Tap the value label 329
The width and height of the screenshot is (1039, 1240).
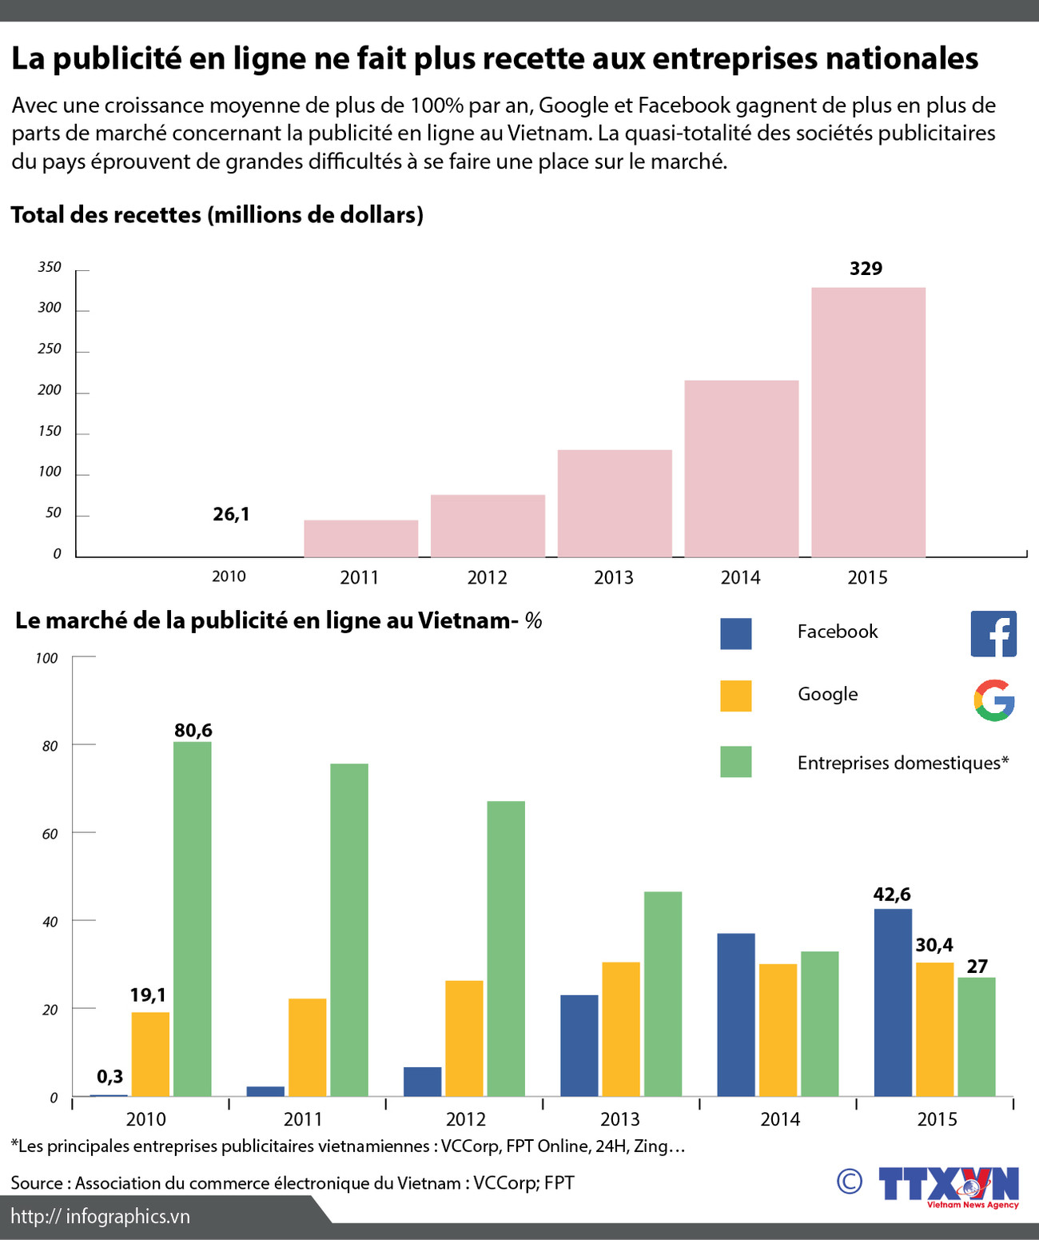point(866,269)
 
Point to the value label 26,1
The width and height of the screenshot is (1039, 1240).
point(231,514)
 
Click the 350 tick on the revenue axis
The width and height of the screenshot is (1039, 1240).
point(50,267)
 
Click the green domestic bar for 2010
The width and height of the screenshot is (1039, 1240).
point(192,919)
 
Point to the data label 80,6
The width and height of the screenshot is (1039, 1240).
point(193,730)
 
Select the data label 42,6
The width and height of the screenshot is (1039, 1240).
point(891,895)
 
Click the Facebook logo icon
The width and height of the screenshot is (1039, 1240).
point(993,634)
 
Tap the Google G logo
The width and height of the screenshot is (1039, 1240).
point(993,700)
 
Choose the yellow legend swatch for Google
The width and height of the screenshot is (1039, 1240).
point(735,696)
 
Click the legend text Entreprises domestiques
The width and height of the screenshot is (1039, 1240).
point(902,763)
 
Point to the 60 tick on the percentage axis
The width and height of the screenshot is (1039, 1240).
point(50,834)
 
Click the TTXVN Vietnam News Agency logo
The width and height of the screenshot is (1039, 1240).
point(949,1186)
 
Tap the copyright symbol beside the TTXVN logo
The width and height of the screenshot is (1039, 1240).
point(849,1181)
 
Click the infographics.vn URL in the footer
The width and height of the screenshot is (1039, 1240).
point(101,1216)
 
